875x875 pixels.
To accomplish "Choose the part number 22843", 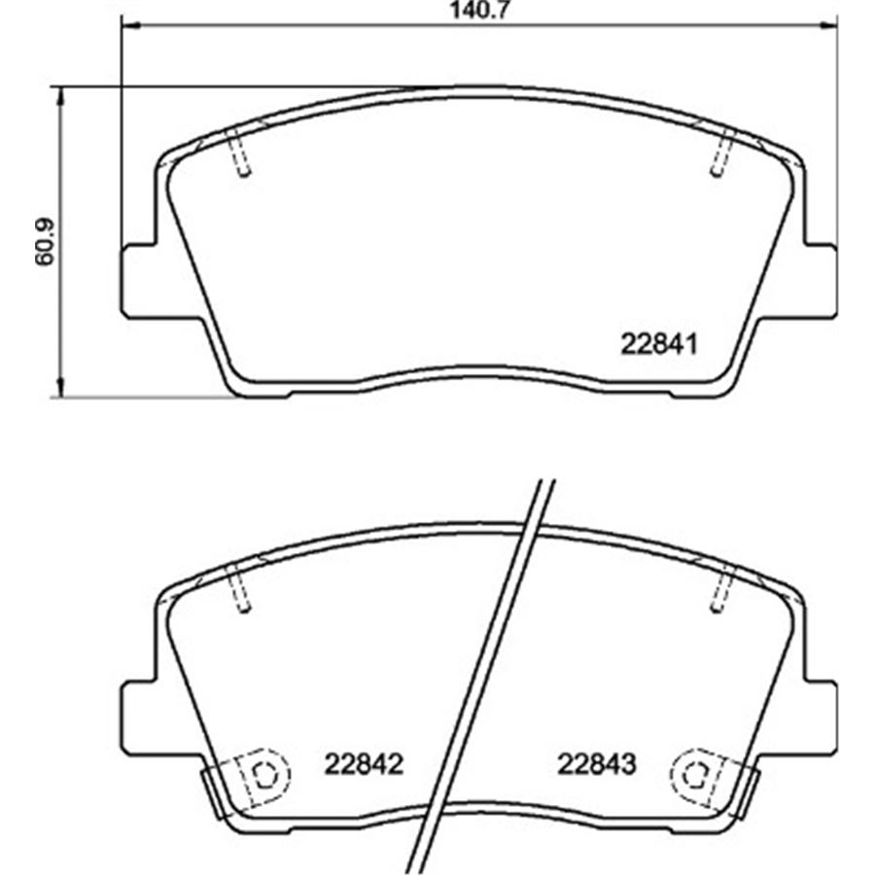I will pos(596,764).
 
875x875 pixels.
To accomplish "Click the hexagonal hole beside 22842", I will pos(262,774).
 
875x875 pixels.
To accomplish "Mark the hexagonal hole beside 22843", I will pos(692,774).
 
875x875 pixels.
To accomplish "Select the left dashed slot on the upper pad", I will pos(240,154).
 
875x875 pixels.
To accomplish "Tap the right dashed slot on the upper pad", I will pos(720,154).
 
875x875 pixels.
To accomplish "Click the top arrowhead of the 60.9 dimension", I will pos(61,93).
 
